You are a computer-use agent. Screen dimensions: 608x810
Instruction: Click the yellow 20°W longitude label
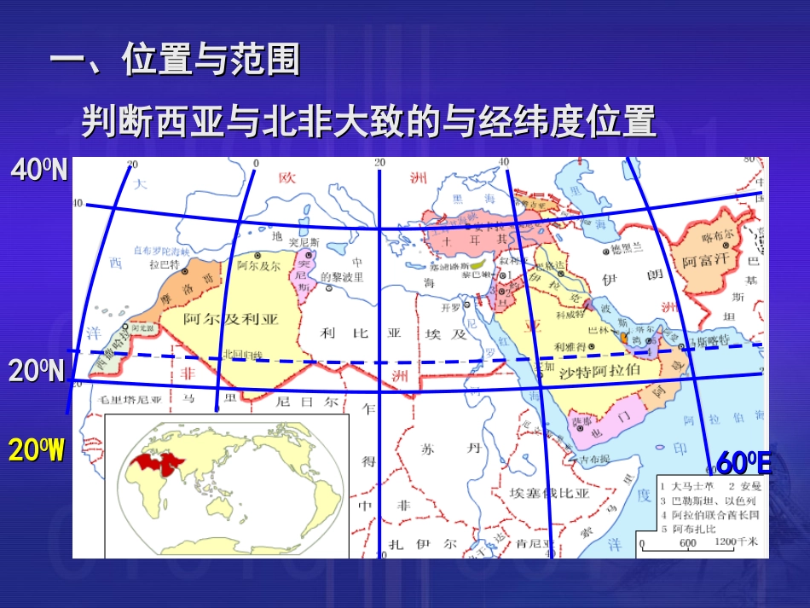[36, 450]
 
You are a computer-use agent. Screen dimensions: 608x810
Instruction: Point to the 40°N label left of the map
[39, 171]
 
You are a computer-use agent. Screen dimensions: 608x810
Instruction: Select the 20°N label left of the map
[37, 371]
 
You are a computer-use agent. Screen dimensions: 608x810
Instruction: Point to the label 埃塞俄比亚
[548, 493]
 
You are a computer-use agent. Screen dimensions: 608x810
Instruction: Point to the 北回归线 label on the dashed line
[239, 353]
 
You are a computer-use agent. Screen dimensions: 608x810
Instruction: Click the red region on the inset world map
[157, 462]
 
